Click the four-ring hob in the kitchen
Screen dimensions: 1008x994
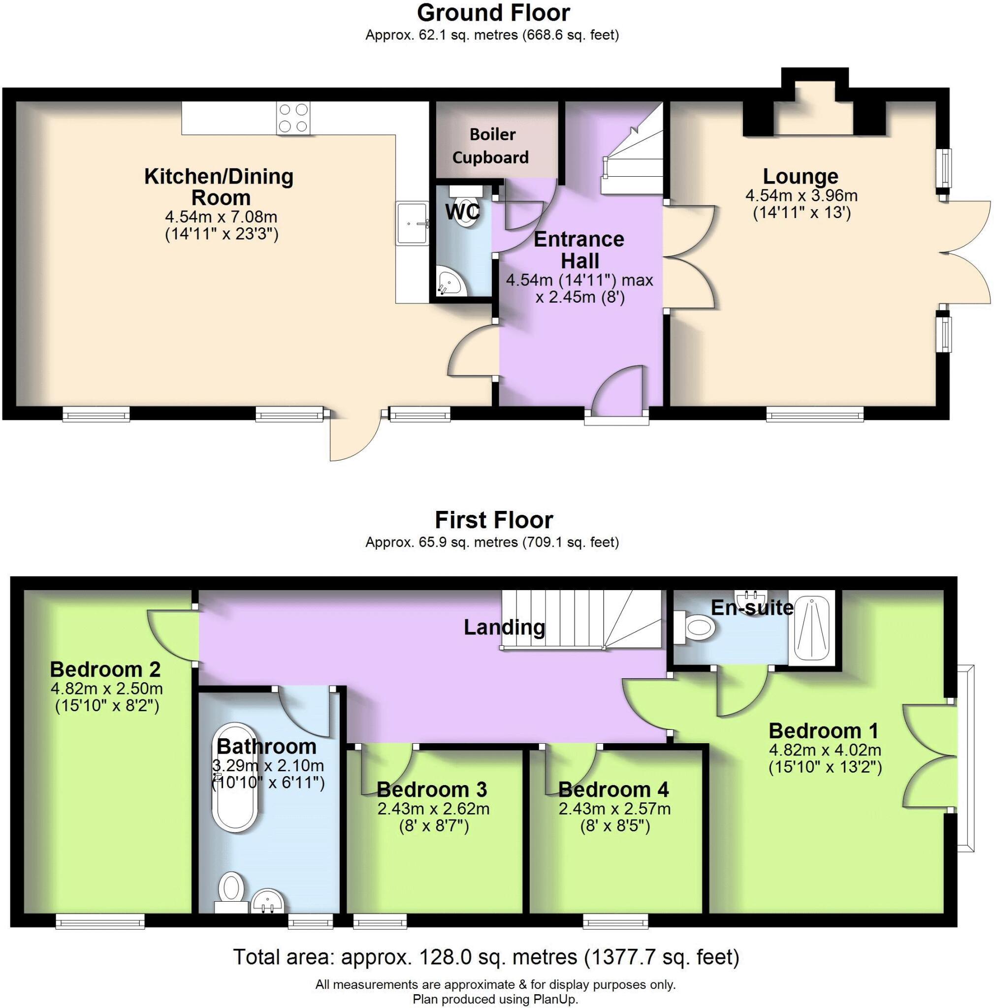coord(293,118)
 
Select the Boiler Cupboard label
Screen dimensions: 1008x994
coord(490,146)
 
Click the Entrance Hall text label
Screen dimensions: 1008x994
coord(578,250)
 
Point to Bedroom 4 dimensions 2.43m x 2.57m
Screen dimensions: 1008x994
coord(614,809)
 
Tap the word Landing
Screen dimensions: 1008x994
coord(504,627)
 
